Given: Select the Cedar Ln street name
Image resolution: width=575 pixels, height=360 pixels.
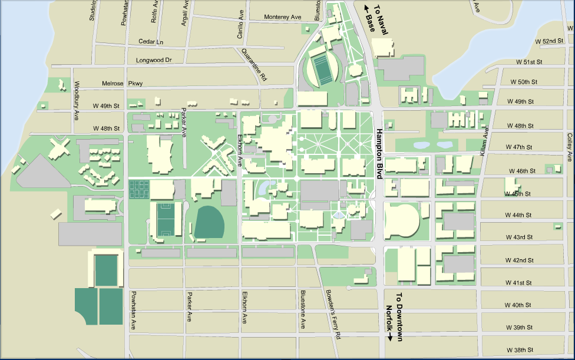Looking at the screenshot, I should click(x=151, y=42).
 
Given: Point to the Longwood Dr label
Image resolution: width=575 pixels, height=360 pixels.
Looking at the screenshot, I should click(x=153, y=60).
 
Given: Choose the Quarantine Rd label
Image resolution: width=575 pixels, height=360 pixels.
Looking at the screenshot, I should click(x=253, y=64).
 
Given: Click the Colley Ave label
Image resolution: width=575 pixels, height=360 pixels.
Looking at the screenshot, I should click(x=570, y=147).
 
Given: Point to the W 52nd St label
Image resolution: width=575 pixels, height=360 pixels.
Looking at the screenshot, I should click(x=549, y=41).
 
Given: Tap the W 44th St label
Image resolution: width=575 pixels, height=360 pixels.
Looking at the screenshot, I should click(x=518, y=215).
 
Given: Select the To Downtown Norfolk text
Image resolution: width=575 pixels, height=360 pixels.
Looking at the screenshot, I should click(x=394, y=317).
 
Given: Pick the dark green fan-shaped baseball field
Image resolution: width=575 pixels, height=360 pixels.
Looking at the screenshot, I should click(x=210, y=223).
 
